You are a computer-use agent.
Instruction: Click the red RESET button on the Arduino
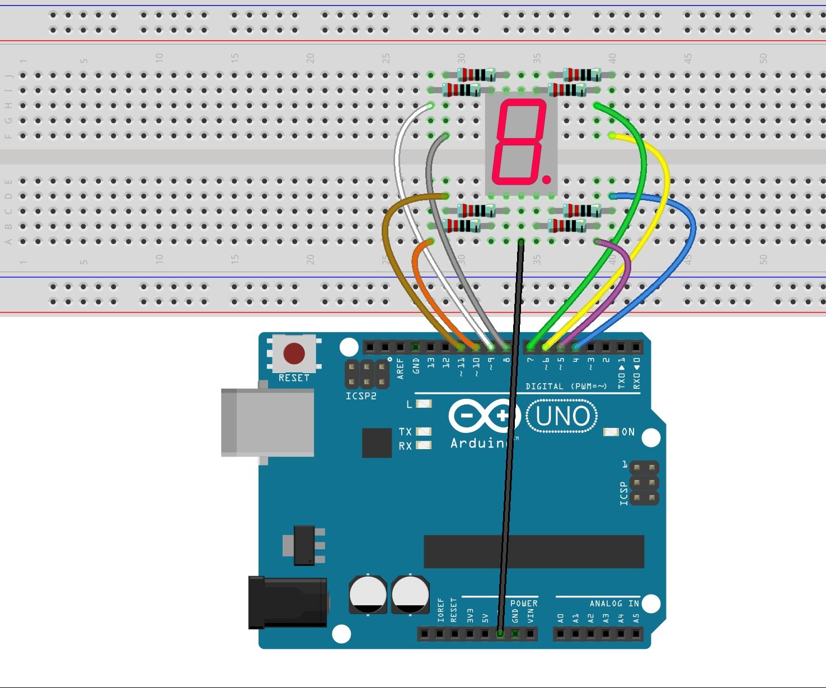294,354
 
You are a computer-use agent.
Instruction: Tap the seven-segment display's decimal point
546,180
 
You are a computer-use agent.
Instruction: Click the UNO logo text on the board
562,416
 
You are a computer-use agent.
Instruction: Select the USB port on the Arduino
267,422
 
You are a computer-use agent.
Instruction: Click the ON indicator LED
611,432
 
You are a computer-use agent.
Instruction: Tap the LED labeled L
424,404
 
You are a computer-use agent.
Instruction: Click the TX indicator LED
424,432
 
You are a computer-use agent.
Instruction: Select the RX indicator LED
424,446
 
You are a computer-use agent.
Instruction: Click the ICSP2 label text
361,396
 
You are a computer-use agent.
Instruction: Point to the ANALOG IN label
613,604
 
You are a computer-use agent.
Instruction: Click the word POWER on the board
524,604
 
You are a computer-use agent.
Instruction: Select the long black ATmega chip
534,552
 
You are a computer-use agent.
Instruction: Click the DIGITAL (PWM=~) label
566,387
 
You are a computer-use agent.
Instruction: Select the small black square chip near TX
377,442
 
